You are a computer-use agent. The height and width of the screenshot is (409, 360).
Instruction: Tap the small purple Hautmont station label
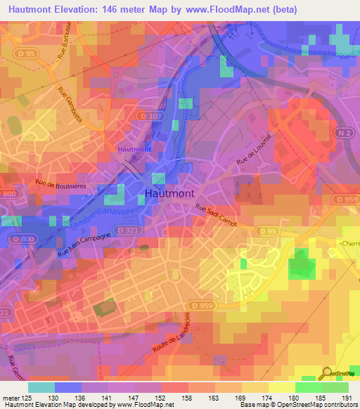click(134, 149)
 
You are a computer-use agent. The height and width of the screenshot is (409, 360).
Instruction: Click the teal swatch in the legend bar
click(41, 387)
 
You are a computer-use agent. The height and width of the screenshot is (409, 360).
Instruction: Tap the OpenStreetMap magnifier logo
click(328, 372)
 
